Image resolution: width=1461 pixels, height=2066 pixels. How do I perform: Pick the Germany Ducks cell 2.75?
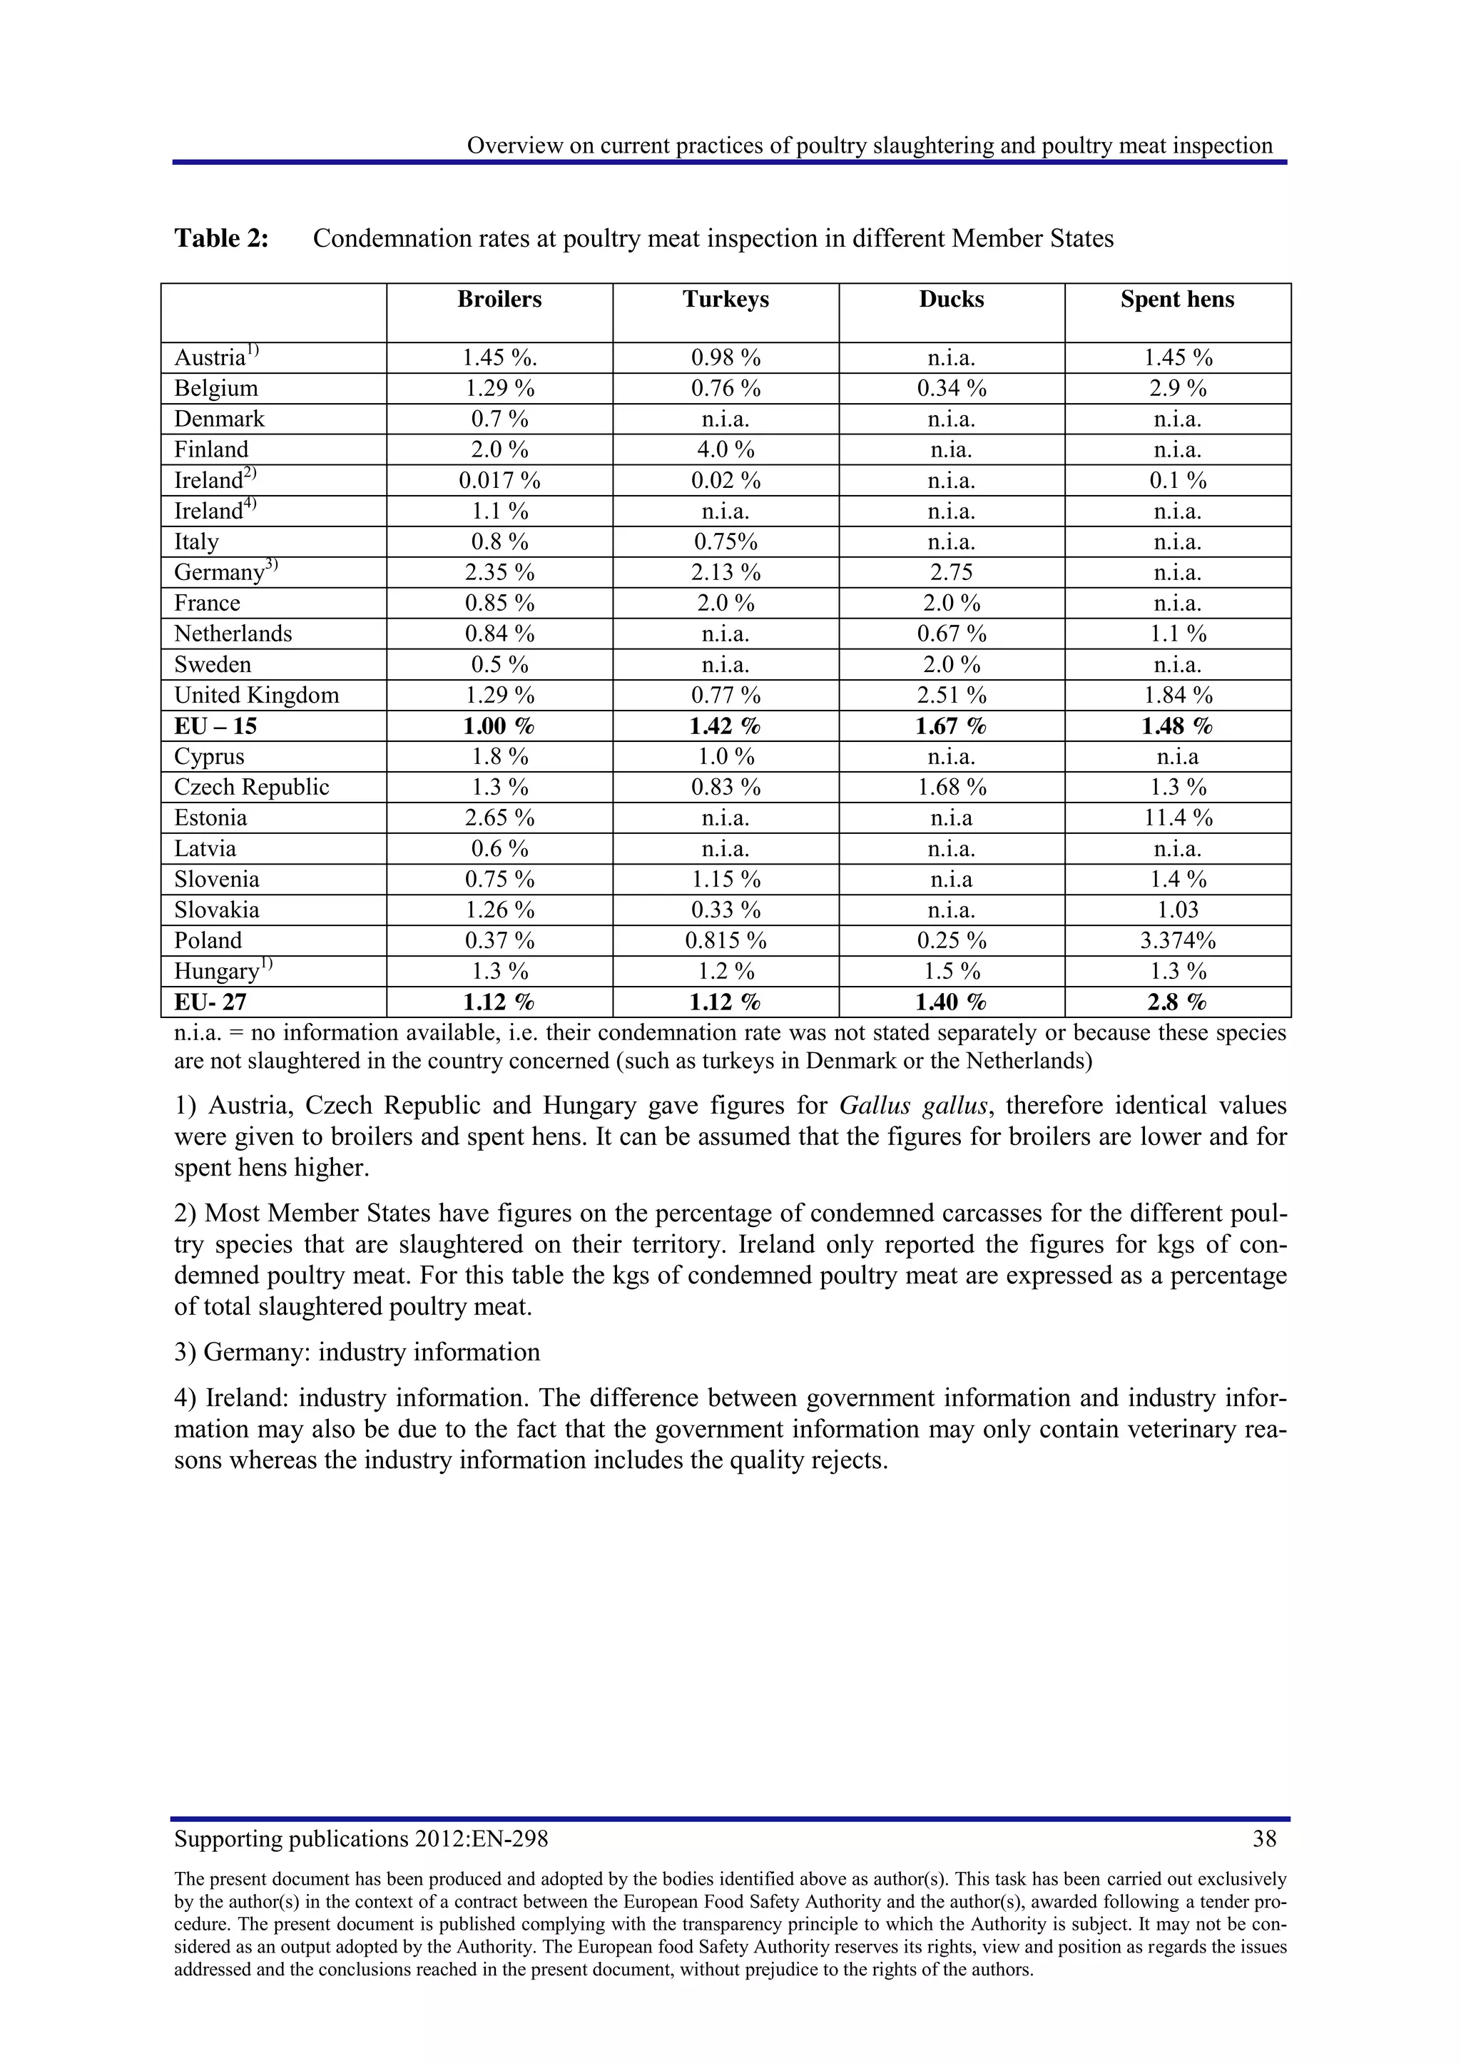point(951,572)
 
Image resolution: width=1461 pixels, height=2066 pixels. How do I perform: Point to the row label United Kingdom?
point(256,696)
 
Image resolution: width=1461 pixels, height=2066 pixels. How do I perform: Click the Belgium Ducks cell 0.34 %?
point(951,389)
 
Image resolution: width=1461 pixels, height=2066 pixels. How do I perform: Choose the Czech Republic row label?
point(252,788)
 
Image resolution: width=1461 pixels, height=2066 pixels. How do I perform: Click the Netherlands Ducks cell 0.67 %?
point(951,634)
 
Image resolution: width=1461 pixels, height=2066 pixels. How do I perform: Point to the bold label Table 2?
point(221,238)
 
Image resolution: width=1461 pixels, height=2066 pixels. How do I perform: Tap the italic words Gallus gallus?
point(913,1106)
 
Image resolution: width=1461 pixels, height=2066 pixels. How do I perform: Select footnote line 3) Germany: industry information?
point(357,1353)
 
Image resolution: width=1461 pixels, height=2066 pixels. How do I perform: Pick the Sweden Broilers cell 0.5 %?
point(499,665)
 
